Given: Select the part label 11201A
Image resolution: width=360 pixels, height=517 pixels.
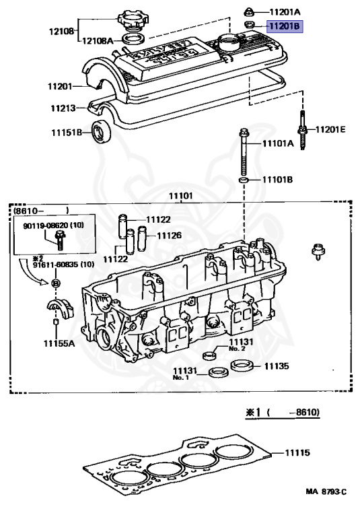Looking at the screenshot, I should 285,11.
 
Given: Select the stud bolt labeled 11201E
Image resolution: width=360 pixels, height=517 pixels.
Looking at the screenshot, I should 302,129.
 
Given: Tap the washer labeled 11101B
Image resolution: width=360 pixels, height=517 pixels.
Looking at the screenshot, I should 243,181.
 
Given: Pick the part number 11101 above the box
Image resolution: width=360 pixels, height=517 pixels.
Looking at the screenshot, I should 181,196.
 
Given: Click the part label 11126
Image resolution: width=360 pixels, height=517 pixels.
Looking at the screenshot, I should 169,236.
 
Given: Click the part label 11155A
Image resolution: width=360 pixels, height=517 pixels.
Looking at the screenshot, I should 60,343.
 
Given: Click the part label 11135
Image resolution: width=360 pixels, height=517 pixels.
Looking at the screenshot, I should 276,367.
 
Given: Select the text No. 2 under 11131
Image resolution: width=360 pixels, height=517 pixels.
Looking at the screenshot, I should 237,349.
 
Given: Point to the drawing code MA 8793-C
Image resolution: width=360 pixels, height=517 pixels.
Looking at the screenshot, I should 325,493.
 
